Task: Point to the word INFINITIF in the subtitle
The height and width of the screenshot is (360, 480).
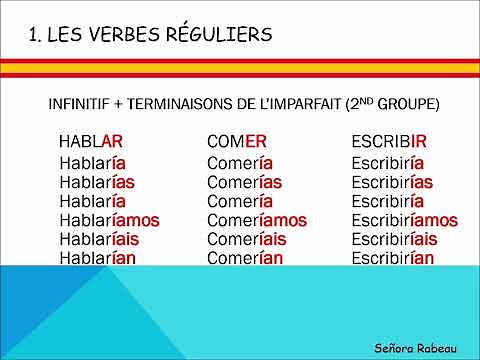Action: click(x=81, y=104)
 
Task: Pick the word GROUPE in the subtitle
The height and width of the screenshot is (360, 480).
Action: click(x=408, y=104)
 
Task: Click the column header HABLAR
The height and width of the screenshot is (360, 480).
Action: click(x=91, y=143)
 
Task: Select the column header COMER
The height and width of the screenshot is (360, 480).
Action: click(x=237, y=143)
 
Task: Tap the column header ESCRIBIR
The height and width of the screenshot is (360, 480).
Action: click(x=389, y=143)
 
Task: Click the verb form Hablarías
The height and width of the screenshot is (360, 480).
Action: click(x=97, y=181)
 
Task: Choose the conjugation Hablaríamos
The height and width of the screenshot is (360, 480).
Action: click(x=109, y=220)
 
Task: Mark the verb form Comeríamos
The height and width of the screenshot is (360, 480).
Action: click(x=257, y=220)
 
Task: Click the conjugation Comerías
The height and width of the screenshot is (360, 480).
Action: click(x=244, y=181)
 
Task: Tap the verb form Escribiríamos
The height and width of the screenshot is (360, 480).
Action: click(x=404, y=220)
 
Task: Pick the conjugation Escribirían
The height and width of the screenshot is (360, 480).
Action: click(x=392, y=257)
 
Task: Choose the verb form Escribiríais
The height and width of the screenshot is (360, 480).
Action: click(x=394, y=239)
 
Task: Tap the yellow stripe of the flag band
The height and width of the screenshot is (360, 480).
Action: click(x=240, y=68)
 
